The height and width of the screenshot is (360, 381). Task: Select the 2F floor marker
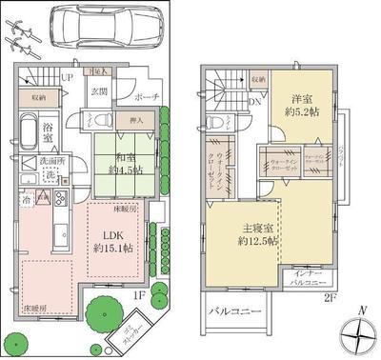(330, 297)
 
